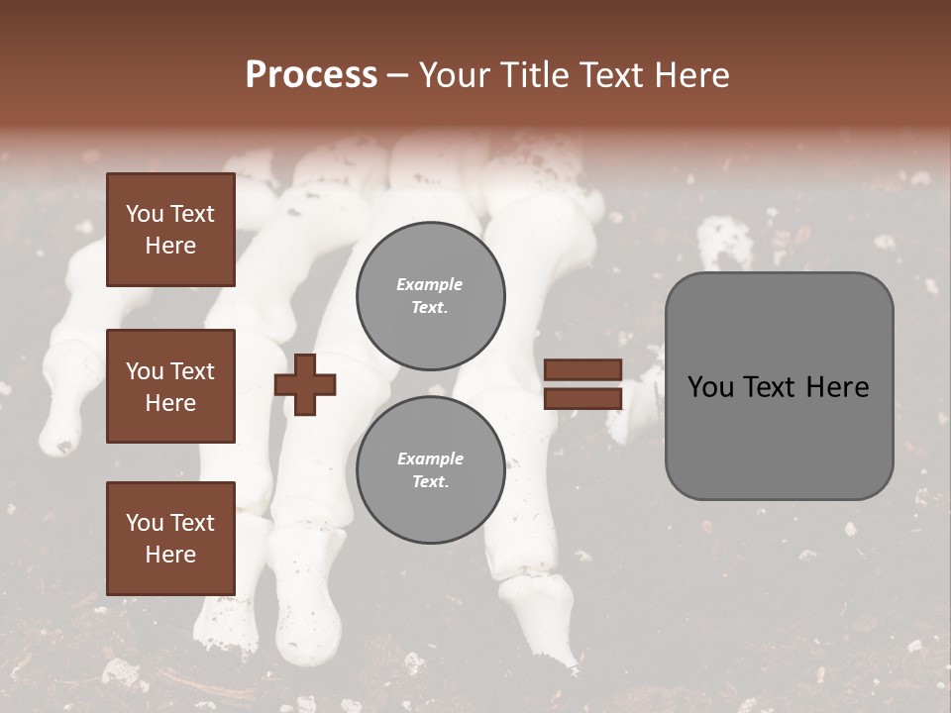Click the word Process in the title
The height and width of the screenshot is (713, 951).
(311, 75)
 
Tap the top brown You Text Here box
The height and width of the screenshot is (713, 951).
(170, 230)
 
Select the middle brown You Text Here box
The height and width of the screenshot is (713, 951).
(170, 386)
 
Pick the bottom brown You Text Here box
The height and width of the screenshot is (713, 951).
(170, 539)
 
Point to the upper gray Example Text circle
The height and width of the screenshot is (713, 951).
(430, 296)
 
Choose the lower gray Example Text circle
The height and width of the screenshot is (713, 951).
(430, 470)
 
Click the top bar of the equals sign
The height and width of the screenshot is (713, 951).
(582, 370)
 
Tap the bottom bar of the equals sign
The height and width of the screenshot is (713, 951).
(582, 398)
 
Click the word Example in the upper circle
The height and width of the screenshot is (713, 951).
(430, 285)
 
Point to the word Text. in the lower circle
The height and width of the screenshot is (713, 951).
(430, 482)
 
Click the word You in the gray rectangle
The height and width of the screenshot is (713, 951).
(709, 387)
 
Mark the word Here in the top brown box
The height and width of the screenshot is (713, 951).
(170, 246)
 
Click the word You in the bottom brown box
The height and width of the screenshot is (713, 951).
(145, 523)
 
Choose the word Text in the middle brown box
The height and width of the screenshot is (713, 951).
(192, 371)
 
